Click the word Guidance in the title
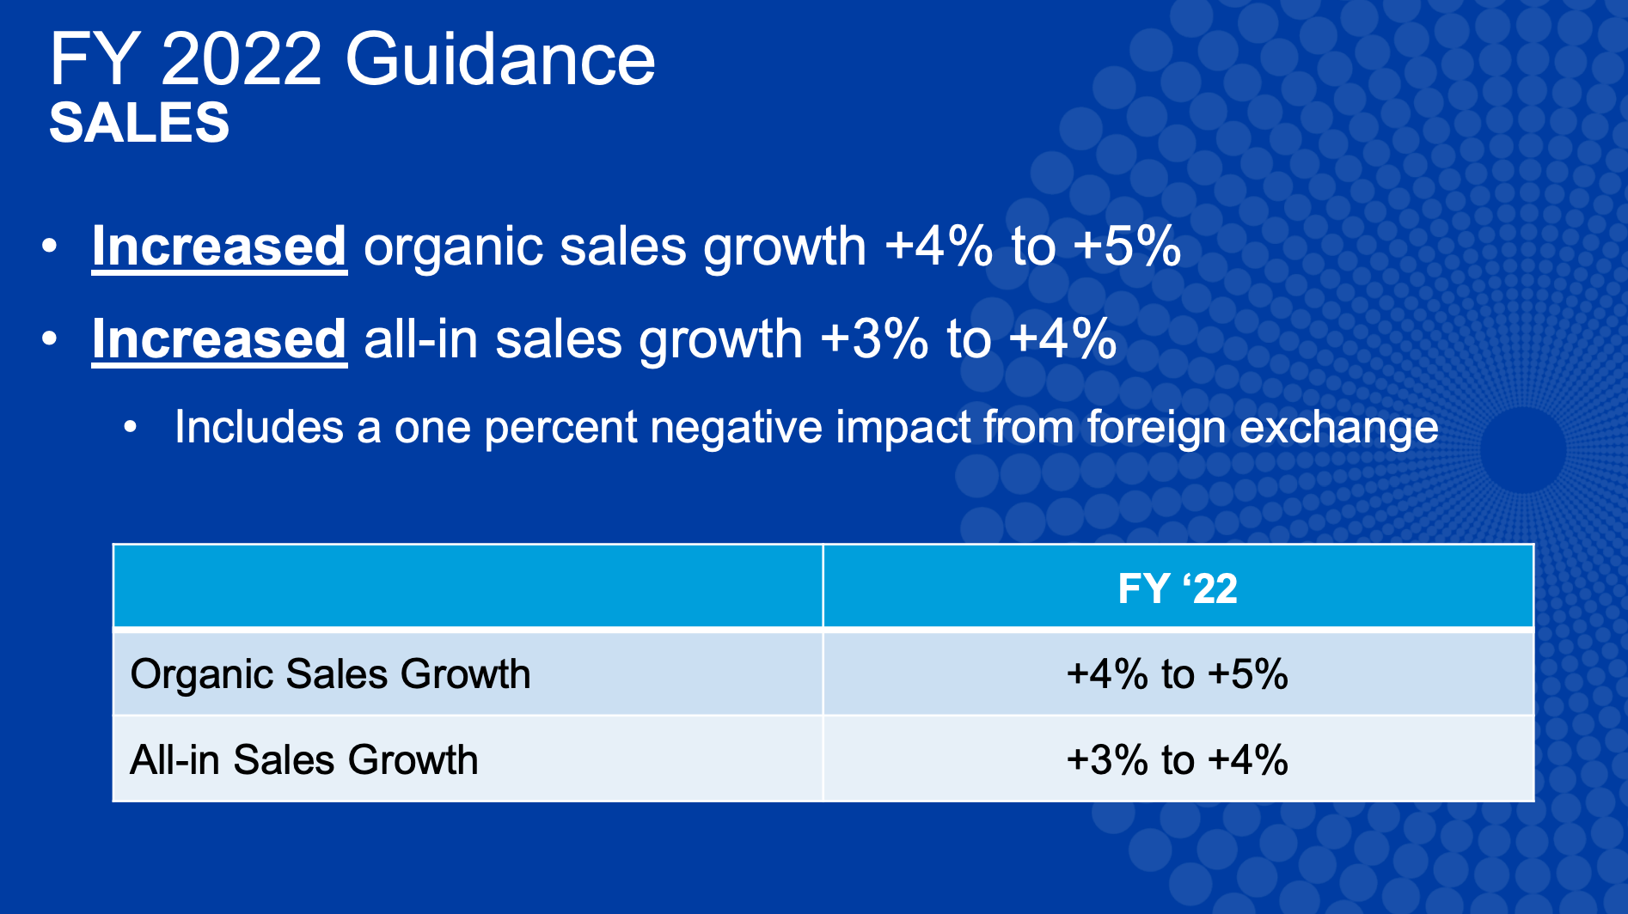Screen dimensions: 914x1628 [500, 60]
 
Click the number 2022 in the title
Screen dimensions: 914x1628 [242, 60]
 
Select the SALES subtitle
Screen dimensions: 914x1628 [139, 123]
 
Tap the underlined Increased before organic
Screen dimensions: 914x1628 [219, 247]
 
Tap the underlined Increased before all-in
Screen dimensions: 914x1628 [219, 339]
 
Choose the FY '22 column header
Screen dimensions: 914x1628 [1178, 589]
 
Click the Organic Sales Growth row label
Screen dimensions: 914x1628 [330, 674]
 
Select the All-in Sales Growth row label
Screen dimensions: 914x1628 [303, 760]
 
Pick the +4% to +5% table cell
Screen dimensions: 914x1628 [1178, 674]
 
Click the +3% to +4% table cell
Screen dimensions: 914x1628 [1178, 760]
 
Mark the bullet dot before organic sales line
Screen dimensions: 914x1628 [50, 247]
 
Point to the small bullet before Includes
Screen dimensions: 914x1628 [131, 427]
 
